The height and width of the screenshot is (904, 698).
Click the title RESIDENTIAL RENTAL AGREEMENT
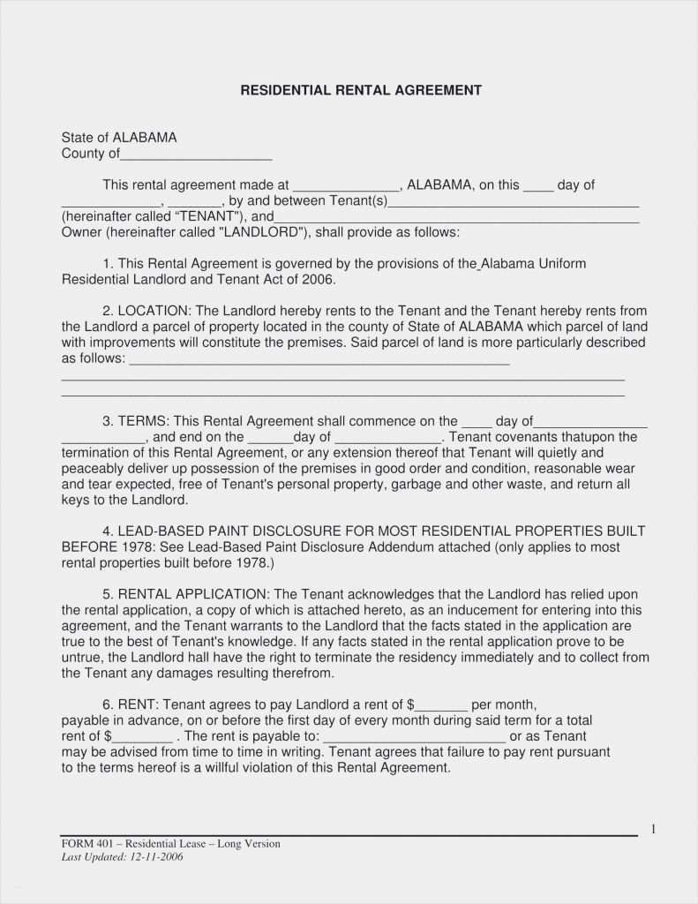361,90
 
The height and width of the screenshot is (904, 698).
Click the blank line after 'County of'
196,155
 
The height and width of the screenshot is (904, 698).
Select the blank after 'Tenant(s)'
514,202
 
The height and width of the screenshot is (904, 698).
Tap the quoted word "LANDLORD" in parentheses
262,232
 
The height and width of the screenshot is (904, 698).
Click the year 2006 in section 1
319,279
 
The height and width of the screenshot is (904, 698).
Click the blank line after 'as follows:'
319,361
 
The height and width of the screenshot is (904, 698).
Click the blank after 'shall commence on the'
477,423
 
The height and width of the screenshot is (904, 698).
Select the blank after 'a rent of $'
441,706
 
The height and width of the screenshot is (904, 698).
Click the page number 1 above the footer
653,829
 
